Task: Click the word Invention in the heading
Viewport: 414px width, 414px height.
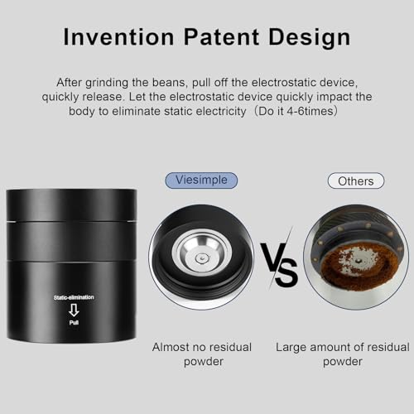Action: (118, 37)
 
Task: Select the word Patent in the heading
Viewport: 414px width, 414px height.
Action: (221, 37)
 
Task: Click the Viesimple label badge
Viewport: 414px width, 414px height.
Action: (201, 181)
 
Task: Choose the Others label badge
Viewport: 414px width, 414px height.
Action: (356, 181)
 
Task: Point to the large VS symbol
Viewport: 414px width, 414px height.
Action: (279, 264)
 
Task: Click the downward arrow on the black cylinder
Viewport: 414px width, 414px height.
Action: (74, 310)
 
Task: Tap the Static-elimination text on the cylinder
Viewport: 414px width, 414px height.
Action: (74, 297)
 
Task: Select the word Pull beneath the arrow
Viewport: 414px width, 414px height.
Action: (74, 322)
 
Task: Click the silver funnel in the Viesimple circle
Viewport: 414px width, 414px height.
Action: (201, 253)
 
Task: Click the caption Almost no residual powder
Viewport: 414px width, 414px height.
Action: (202, 354)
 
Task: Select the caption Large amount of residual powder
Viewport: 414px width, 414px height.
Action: (343, 354)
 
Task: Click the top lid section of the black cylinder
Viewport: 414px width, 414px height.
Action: (71, 205)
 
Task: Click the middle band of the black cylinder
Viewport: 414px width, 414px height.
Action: (71, 241)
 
